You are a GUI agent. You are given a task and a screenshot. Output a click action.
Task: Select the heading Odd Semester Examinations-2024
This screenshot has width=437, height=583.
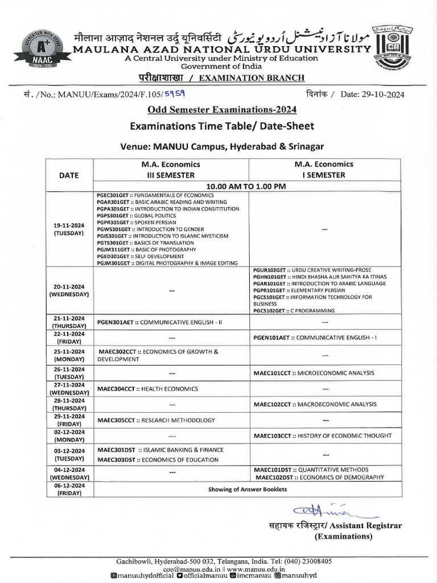[218, 109]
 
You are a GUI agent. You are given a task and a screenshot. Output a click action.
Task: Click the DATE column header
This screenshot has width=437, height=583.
[69, 175]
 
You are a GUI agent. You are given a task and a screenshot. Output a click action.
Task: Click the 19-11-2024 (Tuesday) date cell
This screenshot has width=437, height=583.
[69, 229]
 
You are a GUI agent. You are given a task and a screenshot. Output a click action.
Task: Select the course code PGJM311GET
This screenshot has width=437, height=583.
[112, 249]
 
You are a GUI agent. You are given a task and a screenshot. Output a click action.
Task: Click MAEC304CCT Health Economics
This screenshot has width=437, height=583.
[147, 389]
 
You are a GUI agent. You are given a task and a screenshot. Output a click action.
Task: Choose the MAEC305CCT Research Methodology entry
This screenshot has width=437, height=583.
[156, 420]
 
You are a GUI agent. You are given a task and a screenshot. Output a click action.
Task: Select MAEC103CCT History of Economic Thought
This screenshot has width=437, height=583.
[322, 436]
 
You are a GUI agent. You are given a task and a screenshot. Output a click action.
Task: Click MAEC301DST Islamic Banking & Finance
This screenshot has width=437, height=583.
[160, 450]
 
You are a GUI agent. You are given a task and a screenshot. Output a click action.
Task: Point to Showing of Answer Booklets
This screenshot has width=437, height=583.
[248, 489]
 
